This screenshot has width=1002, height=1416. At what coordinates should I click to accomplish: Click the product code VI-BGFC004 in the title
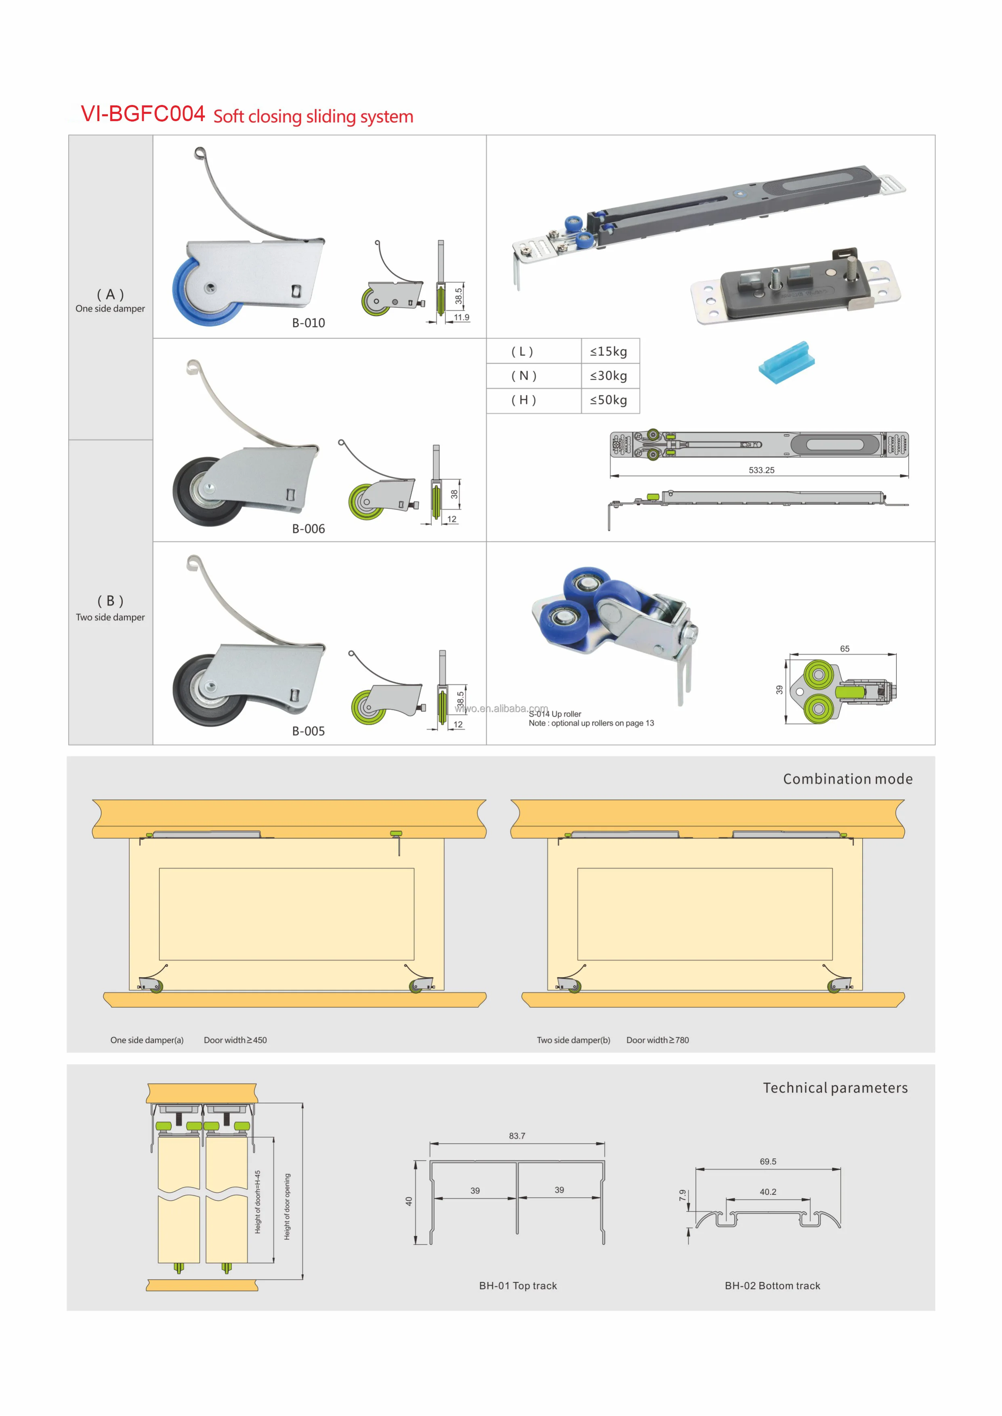click(143, 114)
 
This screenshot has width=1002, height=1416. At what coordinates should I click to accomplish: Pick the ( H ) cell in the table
click(523, 400)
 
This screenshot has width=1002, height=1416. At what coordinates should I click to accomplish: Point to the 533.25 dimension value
click(761, 470)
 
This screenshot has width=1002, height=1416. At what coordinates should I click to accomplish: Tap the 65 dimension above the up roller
click(844, 649)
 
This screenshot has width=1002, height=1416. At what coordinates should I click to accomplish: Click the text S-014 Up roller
click(555, 714)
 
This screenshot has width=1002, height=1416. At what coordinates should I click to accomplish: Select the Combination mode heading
click(847, 779)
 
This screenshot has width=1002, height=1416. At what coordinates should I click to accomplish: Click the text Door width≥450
click(235, 1040)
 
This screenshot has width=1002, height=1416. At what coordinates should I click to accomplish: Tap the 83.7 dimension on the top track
click(517, 1136)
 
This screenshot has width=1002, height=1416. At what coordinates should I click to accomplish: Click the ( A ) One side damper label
click(110, 301)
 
